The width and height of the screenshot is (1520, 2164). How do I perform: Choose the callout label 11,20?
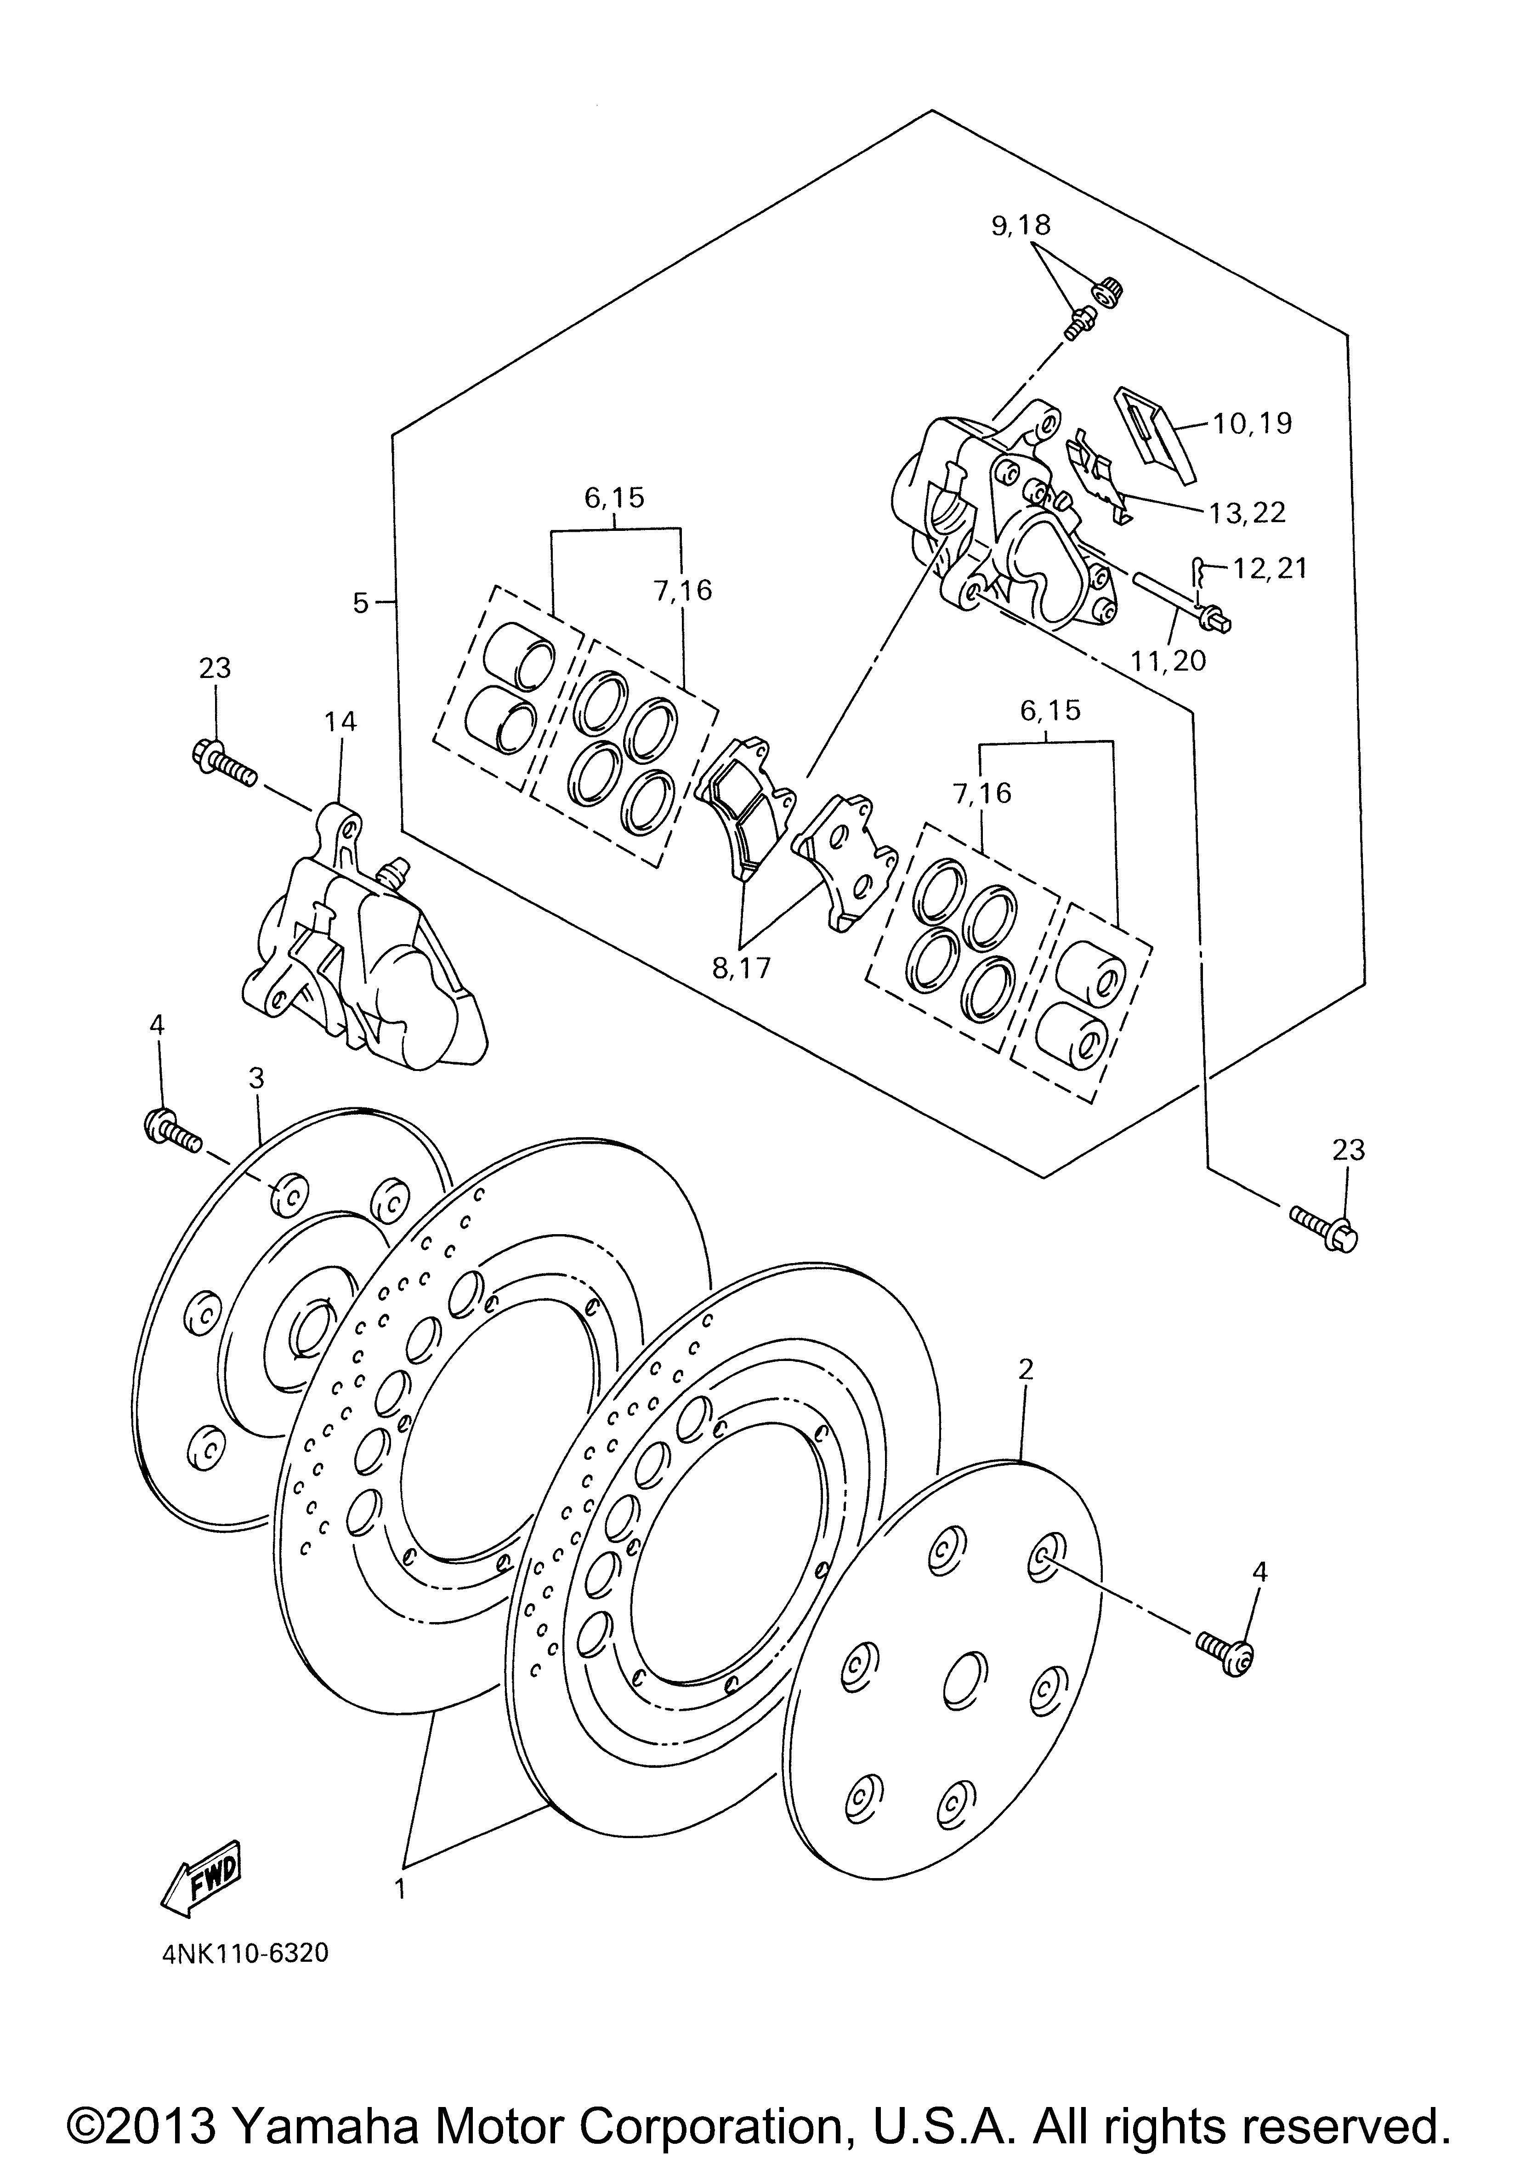1168,660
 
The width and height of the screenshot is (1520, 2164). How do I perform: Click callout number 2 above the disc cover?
1026,1368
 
